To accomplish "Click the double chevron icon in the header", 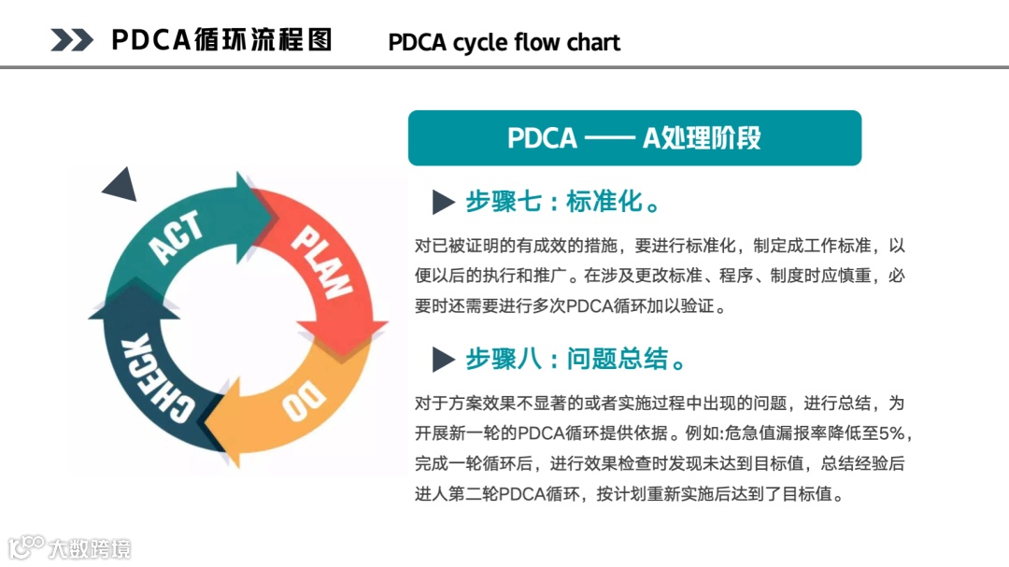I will [72, 40].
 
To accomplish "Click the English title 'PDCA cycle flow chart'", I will [504, 42].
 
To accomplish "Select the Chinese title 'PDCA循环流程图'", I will [221, 40].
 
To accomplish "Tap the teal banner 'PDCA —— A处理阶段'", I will [634, 138].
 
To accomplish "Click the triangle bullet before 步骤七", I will [443, 202].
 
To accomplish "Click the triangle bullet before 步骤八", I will [443, 359].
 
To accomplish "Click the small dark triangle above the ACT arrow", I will [121, 187].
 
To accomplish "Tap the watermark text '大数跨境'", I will [91, 548].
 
